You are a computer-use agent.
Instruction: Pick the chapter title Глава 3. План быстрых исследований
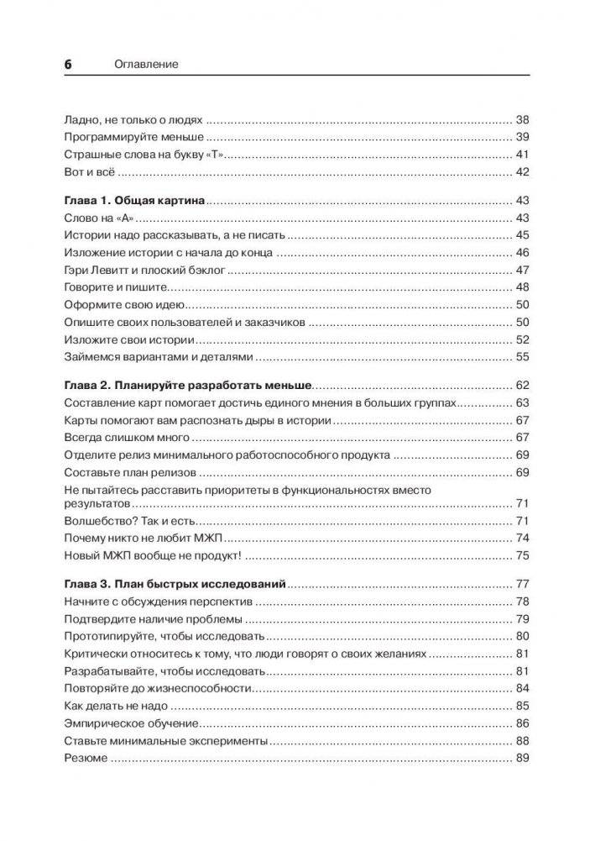pyautogui.click(x=175, y=583)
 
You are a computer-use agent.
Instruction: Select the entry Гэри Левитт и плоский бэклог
pyautogui.click(x=145, y=271)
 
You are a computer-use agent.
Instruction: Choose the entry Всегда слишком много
pyautogui.click(x=127, y=439)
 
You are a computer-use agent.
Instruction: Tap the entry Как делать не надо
pyautogui.click(x=116, y=706)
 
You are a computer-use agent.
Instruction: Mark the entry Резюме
pyautogui.click(x=86, y=759)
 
